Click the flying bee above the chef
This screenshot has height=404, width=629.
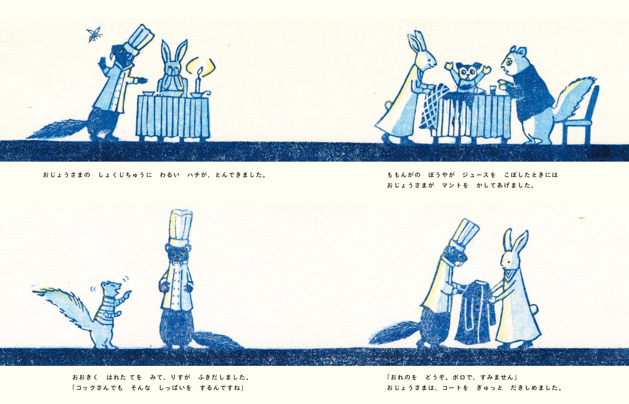point(94,34)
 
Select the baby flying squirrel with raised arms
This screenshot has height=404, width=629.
point(467,78)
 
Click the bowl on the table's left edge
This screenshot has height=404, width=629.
point(148,93)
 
